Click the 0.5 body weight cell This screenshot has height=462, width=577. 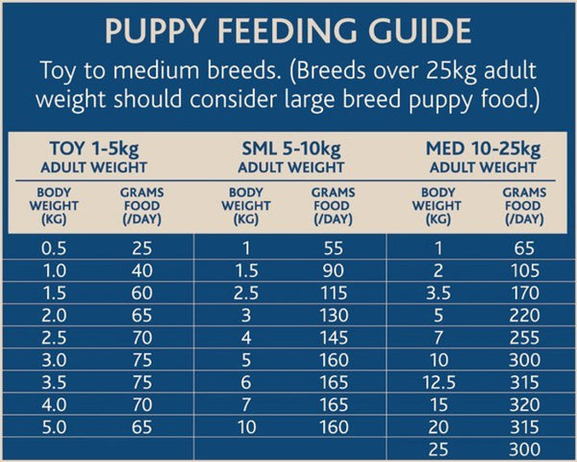click(54, 248)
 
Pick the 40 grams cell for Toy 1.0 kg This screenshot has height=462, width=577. click(141, 269)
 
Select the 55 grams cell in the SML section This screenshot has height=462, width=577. click(334, 248)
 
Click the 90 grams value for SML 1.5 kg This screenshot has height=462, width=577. click(334, 269)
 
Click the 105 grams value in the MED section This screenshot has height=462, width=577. click(524, 269)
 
